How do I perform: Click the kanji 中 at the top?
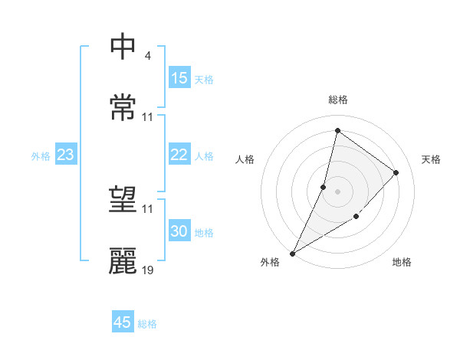pyautogui.click(x=123, y=47)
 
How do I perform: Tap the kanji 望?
pyautogui.click(x=123, y=199)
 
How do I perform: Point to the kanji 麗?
pyautogui.click(x=123, y=260)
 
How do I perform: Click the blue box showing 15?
pyautogui.click(x=179, y=78)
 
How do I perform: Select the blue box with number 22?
pyautogui.click(x=179, y=155)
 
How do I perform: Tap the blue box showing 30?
pyautogui.click(x=179, y=232)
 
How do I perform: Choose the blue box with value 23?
pyautogui.click(x=65, y=155)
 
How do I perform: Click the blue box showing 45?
pyautogui.click(x=123, y=322)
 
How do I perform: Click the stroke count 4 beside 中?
pyautogui.click(x=147, y=56)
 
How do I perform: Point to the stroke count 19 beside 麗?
pyautogui.click(x=148, y=270)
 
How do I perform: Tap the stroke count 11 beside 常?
pyautogui.click(x=148, y=117)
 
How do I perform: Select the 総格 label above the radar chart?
pyautogui.click(x=337, y=100)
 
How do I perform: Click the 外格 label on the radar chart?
pyautogui.click(x=270, y=262)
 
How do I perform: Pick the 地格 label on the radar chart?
pyautogui.click(x=402, y=262)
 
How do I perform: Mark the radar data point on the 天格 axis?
pyautogui.click(x=396, y=172)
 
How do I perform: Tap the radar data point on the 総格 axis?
pyautogui.click(x=337, y=131)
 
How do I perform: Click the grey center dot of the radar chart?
pyautogui.click(x=337, y=191)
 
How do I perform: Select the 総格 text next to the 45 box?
pyautogui.click(x=148, y=324)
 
